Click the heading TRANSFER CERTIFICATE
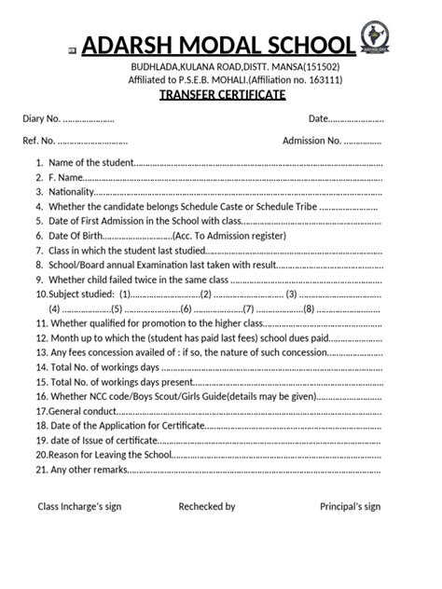pyautogui.click(x=222, y=95)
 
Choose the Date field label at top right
pyautogui.click(x=319, y=119)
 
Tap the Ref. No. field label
pyautogui.click(x=39, y=141)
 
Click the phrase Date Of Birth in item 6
pyautogui.click(x=76, y=237)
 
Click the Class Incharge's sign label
pyautogui.click(x=79, y=507)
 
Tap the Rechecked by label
pyautogui.click(x=207, y=507)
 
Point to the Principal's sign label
pyautogui.click(x=351, y=507)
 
